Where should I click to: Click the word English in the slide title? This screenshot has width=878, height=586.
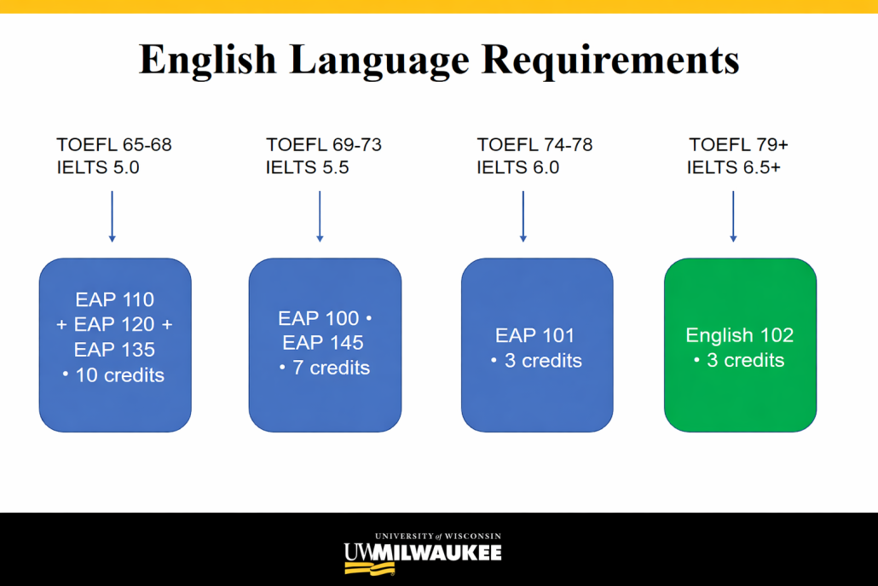[x=208, y=61]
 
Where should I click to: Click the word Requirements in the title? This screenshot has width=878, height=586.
[x=610, y=61]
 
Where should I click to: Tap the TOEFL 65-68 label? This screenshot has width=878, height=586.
[x=114, y=144]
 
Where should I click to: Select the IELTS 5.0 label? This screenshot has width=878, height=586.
[x=98, y=167]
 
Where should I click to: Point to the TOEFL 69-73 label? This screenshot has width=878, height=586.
[x=324, y=144]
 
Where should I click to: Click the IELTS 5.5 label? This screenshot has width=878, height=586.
[x=308, y=167]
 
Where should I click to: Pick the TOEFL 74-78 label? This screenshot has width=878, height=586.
[x=534, y=144]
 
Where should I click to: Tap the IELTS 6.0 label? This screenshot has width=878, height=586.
[x=518, y=167]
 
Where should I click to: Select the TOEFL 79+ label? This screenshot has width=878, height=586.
[x=738, y=144]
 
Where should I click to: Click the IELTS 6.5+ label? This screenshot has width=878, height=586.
[x=734, y=167]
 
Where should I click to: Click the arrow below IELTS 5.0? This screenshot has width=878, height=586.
[x=112, y=217]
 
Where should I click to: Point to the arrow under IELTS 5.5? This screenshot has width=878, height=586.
[x=320, y=217]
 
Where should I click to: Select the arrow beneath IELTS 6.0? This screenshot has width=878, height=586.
[x=523, y=217]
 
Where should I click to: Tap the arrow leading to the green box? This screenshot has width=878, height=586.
[x=733, y=217]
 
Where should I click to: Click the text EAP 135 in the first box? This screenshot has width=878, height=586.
[x=114, y=350]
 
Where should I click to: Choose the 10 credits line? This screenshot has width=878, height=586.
[x=113, y=374]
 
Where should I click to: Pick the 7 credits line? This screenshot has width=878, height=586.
[x=325, y=368]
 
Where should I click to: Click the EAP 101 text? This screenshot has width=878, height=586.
[x=534, y=335]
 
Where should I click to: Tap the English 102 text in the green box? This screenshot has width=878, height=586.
[x=740, y=335]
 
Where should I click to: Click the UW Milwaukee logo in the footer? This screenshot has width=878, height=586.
[x=424, y=554]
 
